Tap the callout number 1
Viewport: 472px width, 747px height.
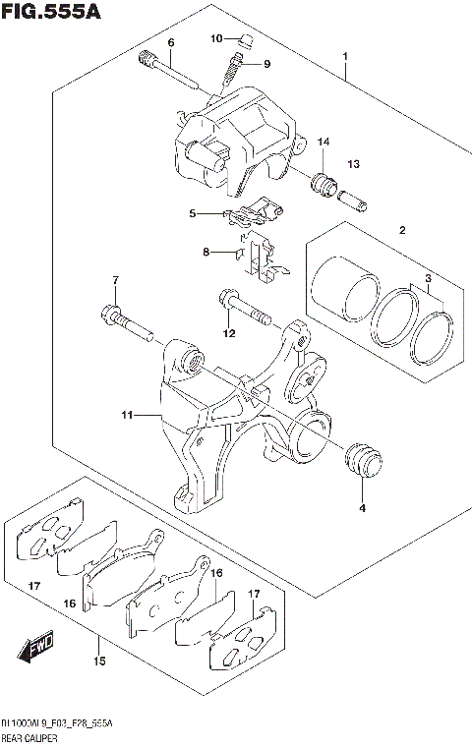tap(345, 57)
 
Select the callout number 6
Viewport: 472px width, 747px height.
tap(170, 42)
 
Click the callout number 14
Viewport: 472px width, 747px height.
tap(323, 144)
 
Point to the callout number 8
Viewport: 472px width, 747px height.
tap(206, 253)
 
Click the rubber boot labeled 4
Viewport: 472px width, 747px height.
tap(361, 461)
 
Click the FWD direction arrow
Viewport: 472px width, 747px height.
tap(35, 650)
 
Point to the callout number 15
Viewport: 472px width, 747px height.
tap(99, 661)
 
